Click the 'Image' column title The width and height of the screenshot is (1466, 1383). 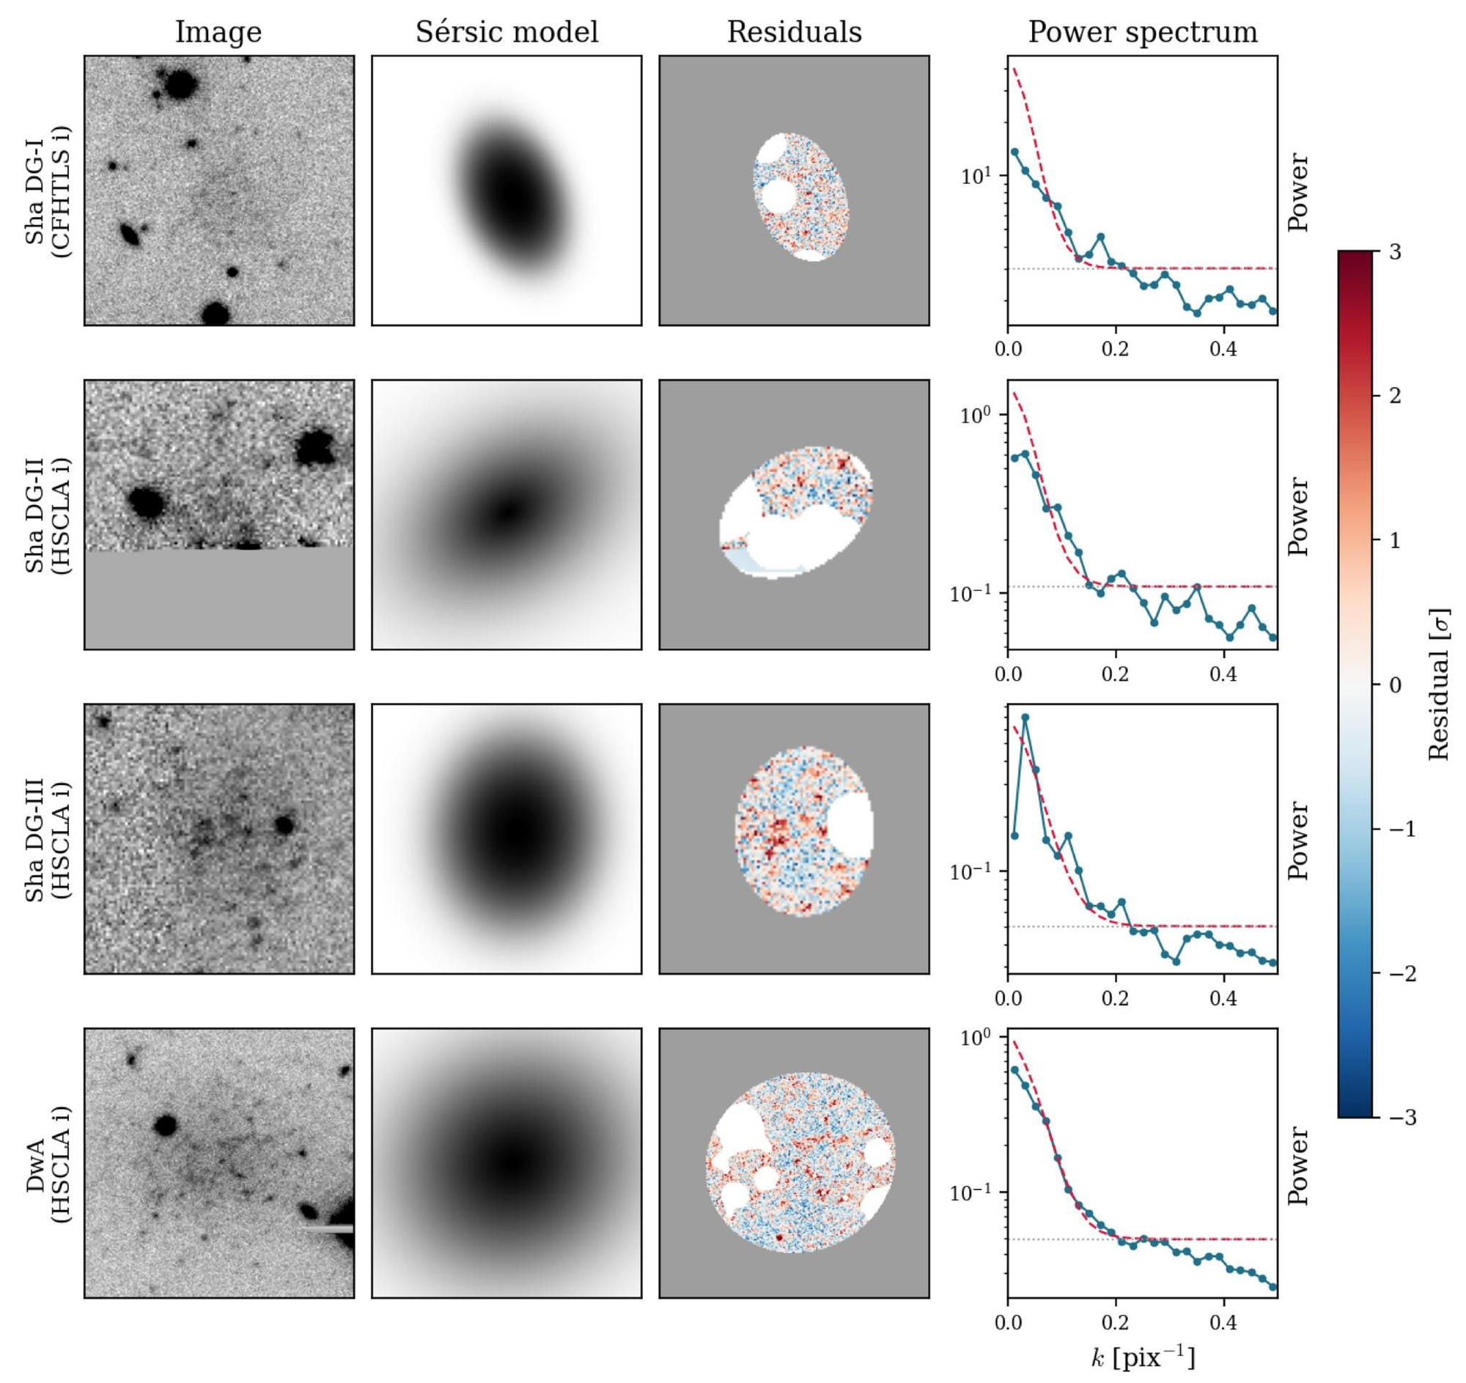[x=218, y=33]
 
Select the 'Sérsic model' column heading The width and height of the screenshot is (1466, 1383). [x=507, y=32]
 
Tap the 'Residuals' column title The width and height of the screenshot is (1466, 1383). [x=795, y=32]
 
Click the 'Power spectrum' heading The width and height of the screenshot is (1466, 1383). [x=1142, y=33]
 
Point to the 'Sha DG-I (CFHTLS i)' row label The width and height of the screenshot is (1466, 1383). [x=48, y=191]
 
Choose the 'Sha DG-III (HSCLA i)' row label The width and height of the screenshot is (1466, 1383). [x=48, y=839]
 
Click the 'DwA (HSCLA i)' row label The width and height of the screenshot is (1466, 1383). [x=48, y=1163]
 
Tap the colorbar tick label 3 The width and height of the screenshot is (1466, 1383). [x=1395, y=251]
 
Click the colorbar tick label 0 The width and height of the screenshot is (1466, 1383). [x=1395, y=685]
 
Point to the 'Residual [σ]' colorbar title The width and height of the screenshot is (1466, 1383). [x=1439, y=684]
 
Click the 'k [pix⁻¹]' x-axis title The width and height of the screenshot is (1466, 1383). [x=1142, y=1358]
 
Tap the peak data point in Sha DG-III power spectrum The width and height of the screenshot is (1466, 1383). [x=1025, y=718]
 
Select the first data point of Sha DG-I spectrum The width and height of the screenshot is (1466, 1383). [x=1014, y=152]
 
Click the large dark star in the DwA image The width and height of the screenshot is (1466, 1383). [x=165, y=1125]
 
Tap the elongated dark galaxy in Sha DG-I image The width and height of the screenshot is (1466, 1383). [x=130, y=235]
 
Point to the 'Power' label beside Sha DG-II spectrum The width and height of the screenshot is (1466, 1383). [x=1299, y=516]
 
